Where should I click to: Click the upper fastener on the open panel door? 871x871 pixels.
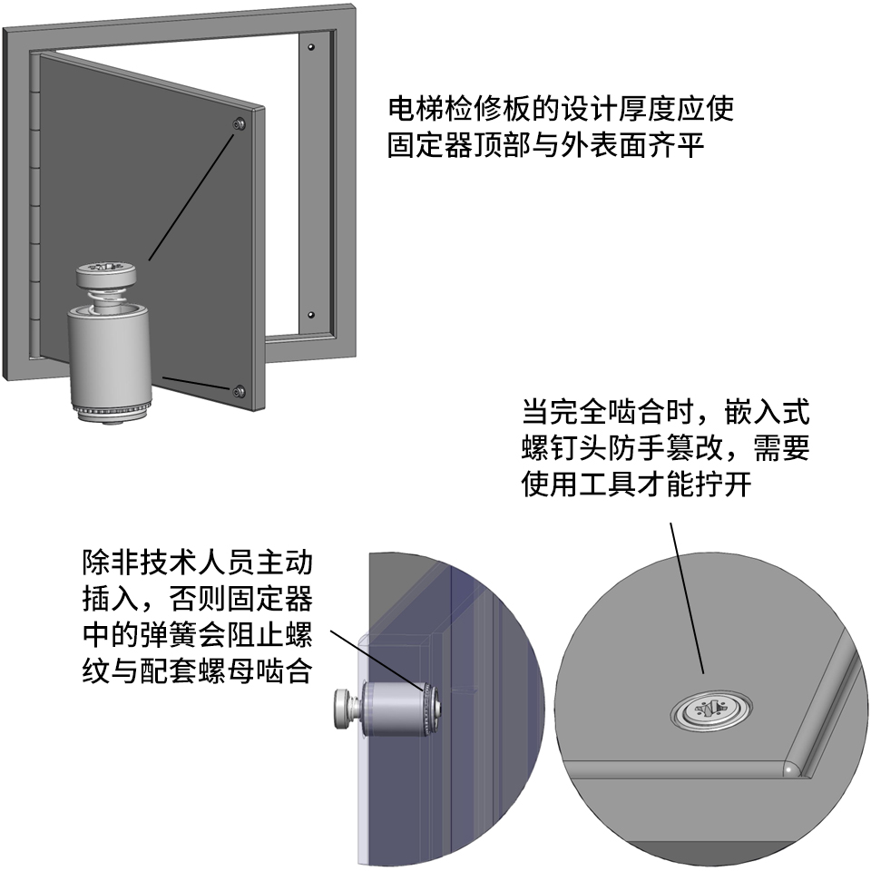[240, 124]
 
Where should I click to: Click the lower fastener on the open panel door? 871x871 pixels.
[240, 392]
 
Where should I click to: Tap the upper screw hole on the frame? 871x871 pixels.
[311, 47]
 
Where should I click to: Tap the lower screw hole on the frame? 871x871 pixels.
[311, 315]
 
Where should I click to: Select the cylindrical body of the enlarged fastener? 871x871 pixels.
[110, 356]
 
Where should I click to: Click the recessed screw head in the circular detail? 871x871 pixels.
[711, 710]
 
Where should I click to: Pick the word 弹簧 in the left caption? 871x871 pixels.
[169, 635]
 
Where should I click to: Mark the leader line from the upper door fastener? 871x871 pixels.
[192, 196]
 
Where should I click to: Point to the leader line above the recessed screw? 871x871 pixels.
[687, 598]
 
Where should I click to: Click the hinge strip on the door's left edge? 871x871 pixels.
[34, 206]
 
